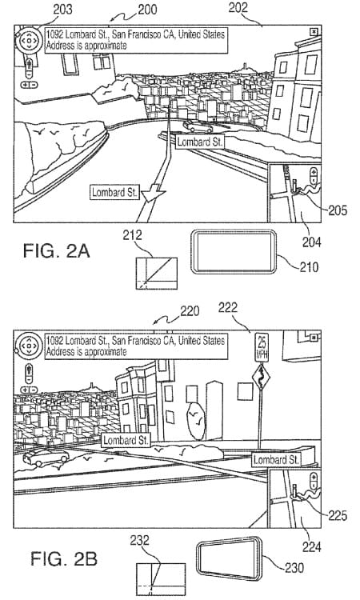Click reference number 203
[x=62, y=9]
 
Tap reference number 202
[x=238, y=8]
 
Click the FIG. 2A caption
[x=56, y=251]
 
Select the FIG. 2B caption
[x=64, y=558]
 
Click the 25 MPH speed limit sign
[x=262, y=347]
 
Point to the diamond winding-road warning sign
[x=262, y=377]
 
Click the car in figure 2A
[x=198, y=126]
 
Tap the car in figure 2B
[x=46, y=457]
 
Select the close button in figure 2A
[x=314, y=32]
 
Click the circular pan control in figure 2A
[x=29, y=40]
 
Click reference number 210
[x=309, y=266]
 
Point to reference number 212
[x=132, y=235]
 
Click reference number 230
[x=294, y=567]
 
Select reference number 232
[x=139, y=540]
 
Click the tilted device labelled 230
[x=229, y=558]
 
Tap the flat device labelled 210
[x=234, y=252]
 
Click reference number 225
[x=337, y=515]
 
